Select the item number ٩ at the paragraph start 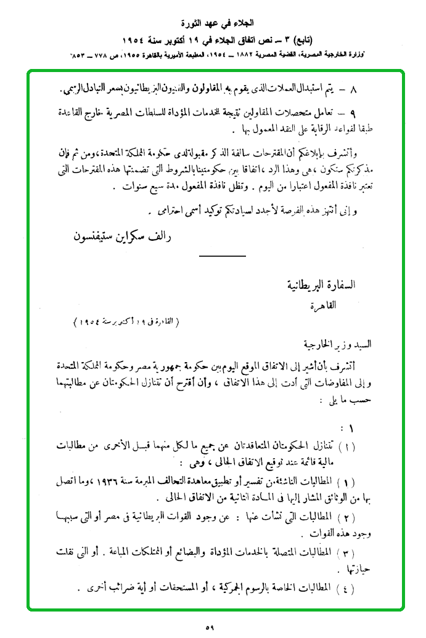coord(353,115)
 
